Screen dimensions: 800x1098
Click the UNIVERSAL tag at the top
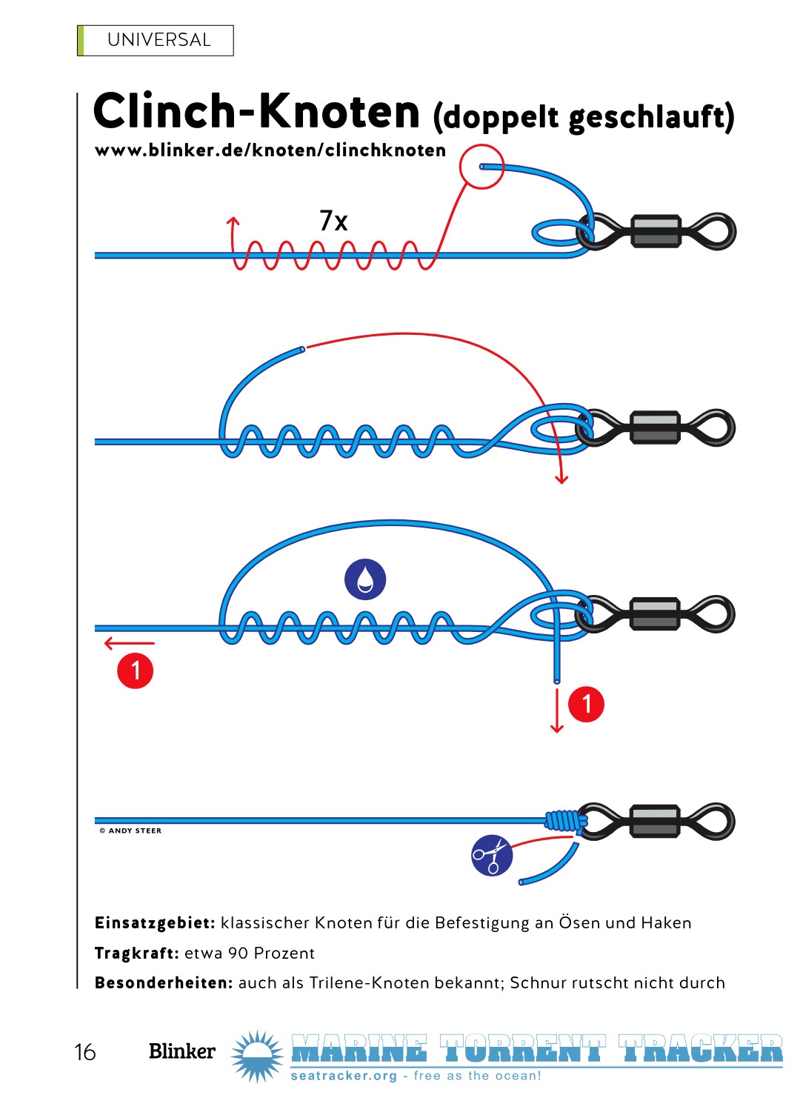pyautogui.click(x=156, y=40)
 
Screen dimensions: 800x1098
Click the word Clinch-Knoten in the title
pyautogui.click(x=256, y=111)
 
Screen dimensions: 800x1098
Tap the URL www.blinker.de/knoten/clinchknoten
pyautogui.click(x=270, y=150)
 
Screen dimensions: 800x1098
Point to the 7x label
pyautogui.click(x=333, y=220)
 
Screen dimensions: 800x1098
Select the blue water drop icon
pyautogui.click(x=365, y=579)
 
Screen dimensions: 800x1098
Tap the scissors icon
pyautogui.click(x=492, y=855)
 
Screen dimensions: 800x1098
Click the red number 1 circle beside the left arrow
pyautogui.click(x=136, y=671)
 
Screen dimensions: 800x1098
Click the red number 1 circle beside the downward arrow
pyautogui.click(x=586, y=704)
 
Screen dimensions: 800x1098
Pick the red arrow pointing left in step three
pyautogui.click(x=130, y=643)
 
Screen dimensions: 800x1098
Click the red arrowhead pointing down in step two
pyautogui.click(x=561, y=479)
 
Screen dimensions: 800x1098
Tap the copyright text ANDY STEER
pyautogui.click(x=130, y=831)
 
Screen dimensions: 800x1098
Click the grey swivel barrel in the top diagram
pyautogui.click(x=656, y=231)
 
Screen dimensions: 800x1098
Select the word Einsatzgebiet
pyautogui.click(x=155, y=923)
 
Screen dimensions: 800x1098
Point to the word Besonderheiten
pyautogui.click(x=164, y=983)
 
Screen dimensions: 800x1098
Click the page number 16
pyautogui.click(x=84, y=1052)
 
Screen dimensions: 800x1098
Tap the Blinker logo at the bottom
pyautogui.click(x=182, y=1051)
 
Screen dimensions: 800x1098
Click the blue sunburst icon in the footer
pyautogui.click(x=257, y=1056)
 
